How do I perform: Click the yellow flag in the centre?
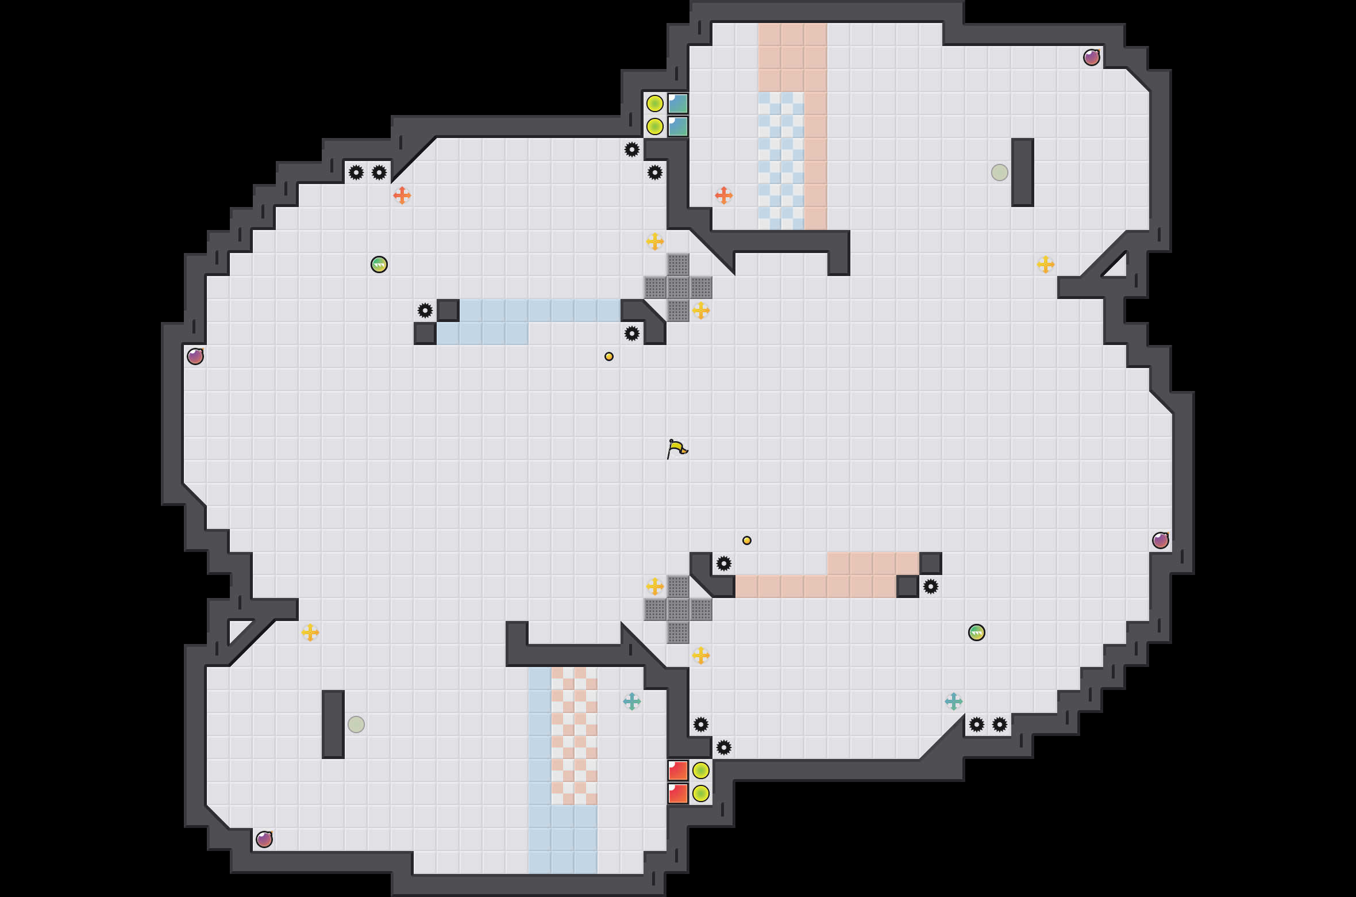click(677, 448)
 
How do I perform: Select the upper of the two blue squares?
click(678, 103)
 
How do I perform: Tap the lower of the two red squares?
click(678, 793)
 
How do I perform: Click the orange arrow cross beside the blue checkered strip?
click(724, 195)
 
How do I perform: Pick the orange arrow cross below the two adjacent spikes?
click(402, 195)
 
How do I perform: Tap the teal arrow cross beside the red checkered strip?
click(632, 701)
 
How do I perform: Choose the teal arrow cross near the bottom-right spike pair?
click(954, 701)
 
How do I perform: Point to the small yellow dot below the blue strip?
click(609, 356)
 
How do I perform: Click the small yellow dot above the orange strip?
click(747, 540)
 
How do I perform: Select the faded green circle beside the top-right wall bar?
click(1000, 172)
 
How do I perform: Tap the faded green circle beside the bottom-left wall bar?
click(356, 724)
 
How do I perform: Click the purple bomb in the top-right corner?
click(1092, 57)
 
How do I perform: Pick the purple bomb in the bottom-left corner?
click(264, 839)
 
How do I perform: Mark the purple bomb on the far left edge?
click(195, 356)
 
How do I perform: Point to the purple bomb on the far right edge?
click(1161, 540)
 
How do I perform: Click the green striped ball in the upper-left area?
click(379, 264)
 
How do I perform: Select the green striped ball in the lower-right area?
click(977, 632)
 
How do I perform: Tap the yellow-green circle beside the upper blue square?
click(655, 103)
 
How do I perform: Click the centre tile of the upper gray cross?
click(678, 287)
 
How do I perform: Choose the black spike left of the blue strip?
click(425, 310)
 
